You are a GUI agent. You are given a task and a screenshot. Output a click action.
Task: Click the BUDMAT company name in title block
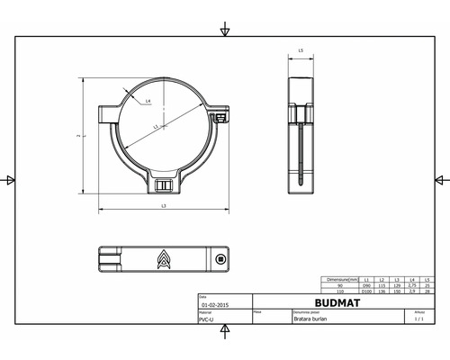341,304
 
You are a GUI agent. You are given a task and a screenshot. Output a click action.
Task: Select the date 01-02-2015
213,305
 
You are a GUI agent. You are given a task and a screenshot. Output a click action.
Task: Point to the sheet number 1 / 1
418,319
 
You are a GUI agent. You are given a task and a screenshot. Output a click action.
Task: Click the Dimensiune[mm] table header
343,280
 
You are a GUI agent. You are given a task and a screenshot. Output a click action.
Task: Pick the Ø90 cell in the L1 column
366,285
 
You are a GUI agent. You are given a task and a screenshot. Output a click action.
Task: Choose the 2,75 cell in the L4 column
412,285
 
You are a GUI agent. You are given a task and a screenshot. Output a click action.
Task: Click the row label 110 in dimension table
340,292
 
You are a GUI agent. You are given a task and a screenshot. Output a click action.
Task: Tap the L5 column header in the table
427,280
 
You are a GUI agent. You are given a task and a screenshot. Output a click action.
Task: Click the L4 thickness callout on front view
147,102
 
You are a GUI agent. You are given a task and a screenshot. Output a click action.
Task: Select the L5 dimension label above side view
299,51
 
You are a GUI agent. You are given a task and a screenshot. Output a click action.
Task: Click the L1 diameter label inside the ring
155,128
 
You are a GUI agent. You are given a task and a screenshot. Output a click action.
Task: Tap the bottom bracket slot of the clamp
163,185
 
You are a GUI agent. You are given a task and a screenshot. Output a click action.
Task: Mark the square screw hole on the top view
220,259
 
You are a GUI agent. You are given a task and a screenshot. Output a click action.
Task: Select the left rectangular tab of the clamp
106,112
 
